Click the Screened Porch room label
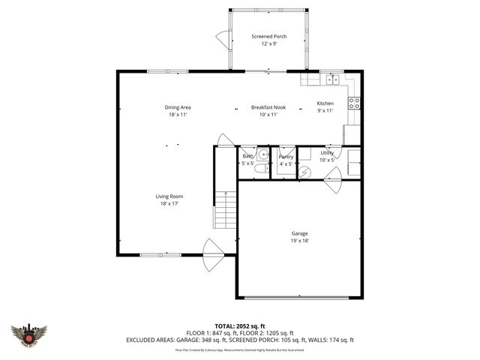click(268, 36)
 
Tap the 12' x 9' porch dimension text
click(268, 44)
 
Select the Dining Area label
click(178, 107)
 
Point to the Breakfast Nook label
click(268, 107)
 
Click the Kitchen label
click(325, 103)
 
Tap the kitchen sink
click(331, 79)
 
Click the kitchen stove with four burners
click(355, 103)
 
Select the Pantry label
click(286, 156)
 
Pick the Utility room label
click(327, 152)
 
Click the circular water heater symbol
click(304, 172)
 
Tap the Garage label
click(299, 233)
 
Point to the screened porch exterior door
click(223, 37)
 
